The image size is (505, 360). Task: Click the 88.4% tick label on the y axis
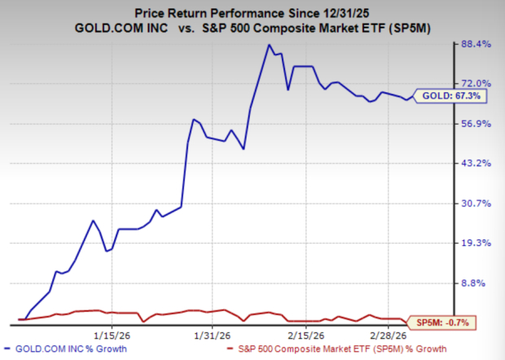(476, 44)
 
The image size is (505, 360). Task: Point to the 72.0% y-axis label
(476, 84)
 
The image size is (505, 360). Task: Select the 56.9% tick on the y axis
(476, 124)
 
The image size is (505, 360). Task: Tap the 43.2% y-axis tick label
(476, 164)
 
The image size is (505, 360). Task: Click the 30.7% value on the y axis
(476, 204)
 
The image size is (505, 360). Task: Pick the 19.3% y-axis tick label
(476, 244)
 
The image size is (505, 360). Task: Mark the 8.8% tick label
(478, 283)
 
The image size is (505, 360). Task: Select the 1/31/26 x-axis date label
(210, 334)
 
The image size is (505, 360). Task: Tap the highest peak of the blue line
(268, 46)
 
